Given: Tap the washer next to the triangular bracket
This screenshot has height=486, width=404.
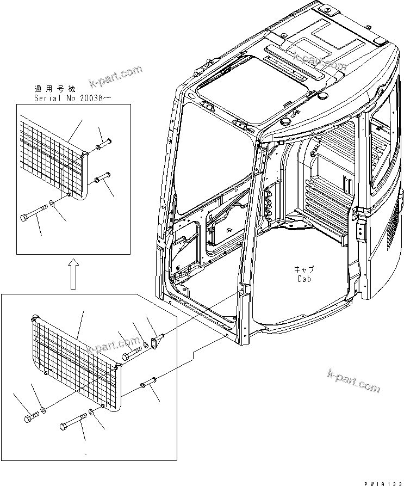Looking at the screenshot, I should tap(146, 346).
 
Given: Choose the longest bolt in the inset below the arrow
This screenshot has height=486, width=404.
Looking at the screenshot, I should tap(75, 421).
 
